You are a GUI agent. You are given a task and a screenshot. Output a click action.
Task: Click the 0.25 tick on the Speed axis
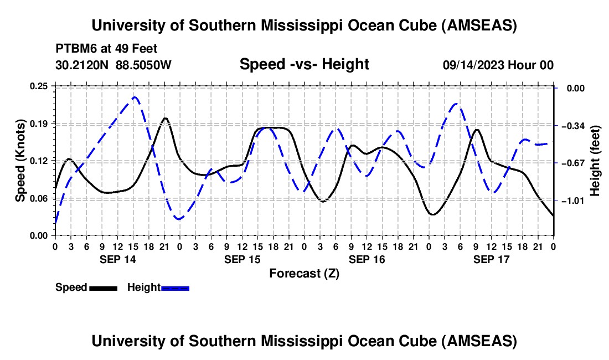[x=39, y=86]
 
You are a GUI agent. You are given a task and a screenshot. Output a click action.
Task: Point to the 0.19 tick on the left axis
[x=39, y=123]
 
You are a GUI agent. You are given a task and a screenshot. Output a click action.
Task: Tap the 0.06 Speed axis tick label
[x=39, y=198]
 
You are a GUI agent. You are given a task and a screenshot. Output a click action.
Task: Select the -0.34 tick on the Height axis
[x=573, y=126]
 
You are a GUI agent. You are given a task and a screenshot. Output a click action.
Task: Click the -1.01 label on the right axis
[x=573, y=200]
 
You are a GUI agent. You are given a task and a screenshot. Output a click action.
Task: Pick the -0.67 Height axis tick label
[x=573, y=163]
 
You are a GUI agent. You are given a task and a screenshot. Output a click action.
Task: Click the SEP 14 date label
[x=117, y=259]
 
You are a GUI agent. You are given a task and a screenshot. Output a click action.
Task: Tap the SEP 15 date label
[x=242, y=259]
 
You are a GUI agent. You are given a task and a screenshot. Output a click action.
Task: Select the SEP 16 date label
[x=367, y=259]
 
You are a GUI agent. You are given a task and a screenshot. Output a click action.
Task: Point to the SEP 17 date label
[x=491, y=259]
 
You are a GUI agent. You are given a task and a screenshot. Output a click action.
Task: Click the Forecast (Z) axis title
[x=304, y=273]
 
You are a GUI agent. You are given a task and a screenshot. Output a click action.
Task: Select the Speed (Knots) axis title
[x=20, y=161]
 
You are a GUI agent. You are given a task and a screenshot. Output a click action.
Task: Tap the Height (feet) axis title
[x=595, y=161]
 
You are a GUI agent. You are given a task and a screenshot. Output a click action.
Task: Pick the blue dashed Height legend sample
[x=175, y=287]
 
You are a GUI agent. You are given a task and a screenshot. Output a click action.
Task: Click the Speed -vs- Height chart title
[x=304, y=64]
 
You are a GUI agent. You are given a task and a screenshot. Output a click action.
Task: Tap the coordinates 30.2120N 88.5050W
[x=113, y=65]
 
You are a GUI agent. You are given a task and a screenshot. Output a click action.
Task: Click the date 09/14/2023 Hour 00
[x=498, y=65]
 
